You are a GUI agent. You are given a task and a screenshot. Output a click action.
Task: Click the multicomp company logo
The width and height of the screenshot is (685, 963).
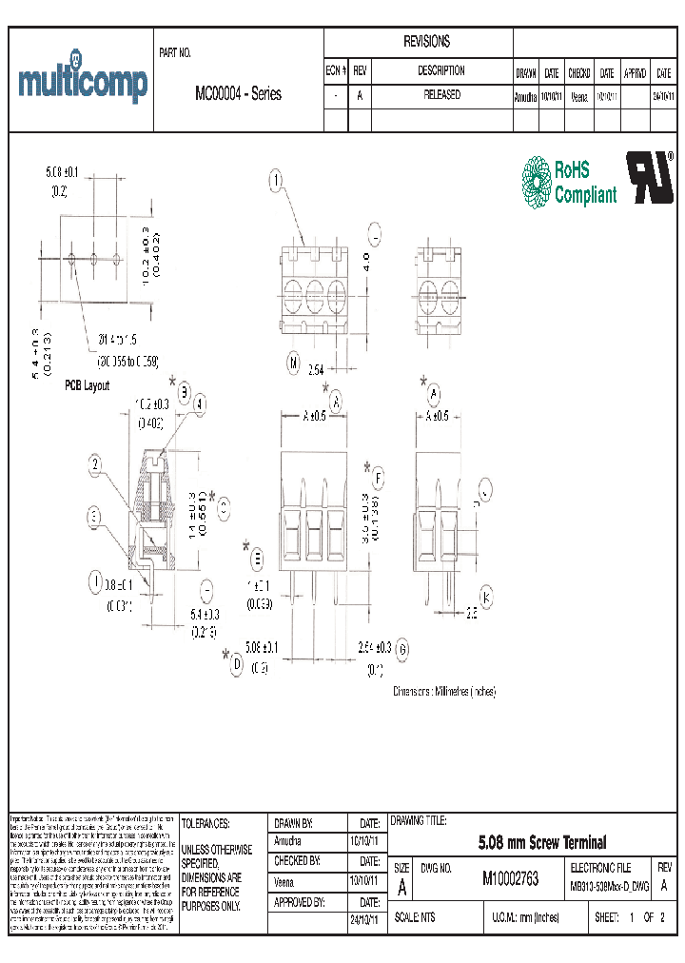point(83,83)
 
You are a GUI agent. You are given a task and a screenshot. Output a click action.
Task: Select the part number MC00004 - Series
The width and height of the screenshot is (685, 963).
point(238,95)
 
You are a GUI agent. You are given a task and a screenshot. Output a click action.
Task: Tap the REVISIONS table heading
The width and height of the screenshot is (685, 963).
point(427,42)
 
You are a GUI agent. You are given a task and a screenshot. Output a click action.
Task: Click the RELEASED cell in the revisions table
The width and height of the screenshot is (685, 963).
point(440,95)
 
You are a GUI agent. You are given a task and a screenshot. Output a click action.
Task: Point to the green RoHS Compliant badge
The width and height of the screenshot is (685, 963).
point(569,182)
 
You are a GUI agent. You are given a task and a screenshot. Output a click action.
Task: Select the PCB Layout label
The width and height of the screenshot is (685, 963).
point(87,385)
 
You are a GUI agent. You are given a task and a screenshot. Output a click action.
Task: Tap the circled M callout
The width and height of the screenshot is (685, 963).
point(295,363)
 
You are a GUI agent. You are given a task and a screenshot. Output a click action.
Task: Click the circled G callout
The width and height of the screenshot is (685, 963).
point(402,649)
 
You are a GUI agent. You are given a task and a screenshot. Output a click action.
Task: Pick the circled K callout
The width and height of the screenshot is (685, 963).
point(487,598)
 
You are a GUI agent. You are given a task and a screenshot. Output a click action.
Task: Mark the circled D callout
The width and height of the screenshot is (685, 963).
point(237,665)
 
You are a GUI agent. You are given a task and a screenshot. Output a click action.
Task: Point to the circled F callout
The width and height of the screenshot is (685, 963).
point(379,478)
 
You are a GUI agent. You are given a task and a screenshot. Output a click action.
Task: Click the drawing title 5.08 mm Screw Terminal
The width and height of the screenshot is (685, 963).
point(540,842)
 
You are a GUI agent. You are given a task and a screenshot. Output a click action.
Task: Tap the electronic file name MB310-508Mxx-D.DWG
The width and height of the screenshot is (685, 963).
point(609,887)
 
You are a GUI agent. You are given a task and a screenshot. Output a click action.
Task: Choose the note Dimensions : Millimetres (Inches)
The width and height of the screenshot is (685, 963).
point(444,692)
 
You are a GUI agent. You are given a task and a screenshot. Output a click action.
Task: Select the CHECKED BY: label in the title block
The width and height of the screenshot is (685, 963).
point(297,860)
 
